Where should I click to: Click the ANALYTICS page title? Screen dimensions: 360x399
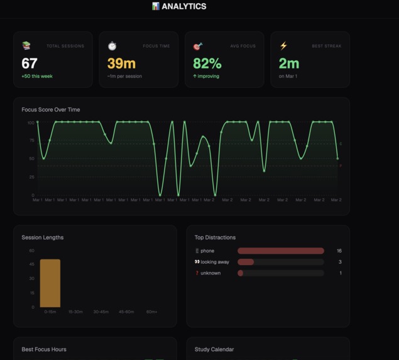(183, 6)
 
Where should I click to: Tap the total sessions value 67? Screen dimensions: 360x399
(30, 63)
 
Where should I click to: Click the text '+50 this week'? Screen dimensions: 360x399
(36, 76)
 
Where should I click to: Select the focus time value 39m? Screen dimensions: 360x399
(121, 63)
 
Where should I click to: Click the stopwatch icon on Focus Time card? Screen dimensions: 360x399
(112, 46)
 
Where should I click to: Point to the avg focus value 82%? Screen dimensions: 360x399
(207, 63)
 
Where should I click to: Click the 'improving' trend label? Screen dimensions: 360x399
(209, 76)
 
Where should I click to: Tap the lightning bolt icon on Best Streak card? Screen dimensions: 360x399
(283, 46)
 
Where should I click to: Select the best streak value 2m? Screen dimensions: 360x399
(289, 63)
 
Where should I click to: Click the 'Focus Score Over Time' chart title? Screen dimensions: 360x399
(51, 110)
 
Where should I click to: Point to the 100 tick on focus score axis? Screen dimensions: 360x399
(30, 123)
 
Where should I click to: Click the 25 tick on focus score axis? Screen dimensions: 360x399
(31, 177)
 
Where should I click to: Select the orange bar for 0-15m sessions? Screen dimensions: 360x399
(50, 283)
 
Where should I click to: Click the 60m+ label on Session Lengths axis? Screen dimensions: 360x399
(152, 312)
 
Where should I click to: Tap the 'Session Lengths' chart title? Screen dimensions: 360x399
(43, 237)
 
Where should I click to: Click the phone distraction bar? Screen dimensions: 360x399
(281, 251)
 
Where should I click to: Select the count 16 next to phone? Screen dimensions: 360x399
(339, 251)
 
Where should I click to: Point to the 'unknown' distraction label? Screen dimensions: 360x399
(210, 273)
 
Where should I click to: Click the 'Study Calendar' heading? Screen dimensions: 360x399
(216, 349)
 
